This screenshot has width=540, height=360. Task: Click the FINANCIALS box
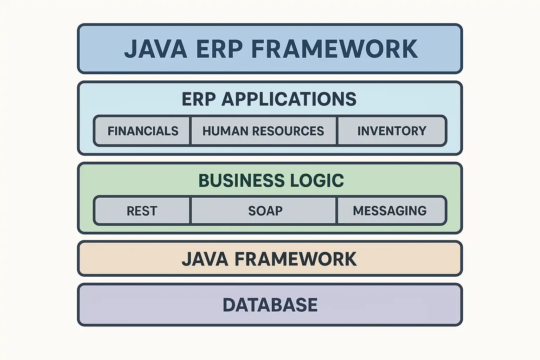(x=142, y=131)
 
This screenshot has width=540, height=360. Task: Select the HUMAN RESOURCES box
(x=263, y=131)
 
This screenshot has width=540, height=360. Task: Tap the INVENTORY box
(x=392, y=131)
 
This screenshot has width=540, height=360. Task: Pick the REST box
(x=142, y=211)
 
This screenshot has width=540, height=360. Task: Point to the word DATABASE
(x=270, y=305)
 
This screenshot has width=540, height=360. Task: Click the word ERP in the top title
(x=219, y=49)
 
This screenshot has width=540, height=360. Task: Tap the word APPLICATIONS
(x=289, y=99)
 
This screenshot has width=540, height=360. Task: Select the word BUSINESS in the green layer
(x=242, y=180)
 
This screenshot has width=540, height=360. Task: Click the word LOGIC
(x=317, y=180)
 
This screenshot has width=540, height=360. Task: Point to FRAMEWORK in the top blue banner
(x=335, y=49)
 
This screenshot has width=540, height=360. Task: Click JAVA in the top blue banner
(x=156, y=49)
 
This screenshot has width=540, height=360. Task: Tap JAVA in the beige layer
(x=205, y=259)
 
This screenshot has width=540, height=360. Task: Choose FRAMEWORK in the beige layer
(x=296, y=259)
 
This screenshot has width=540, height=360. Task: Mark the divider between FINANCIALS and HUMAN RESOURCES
(x=191, y=131)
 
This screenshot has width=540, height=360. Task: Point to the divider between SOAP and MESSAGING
(x=337, y=211)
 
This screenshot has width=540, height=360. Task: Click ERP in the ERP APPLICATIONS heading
(x=199, y=99)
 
